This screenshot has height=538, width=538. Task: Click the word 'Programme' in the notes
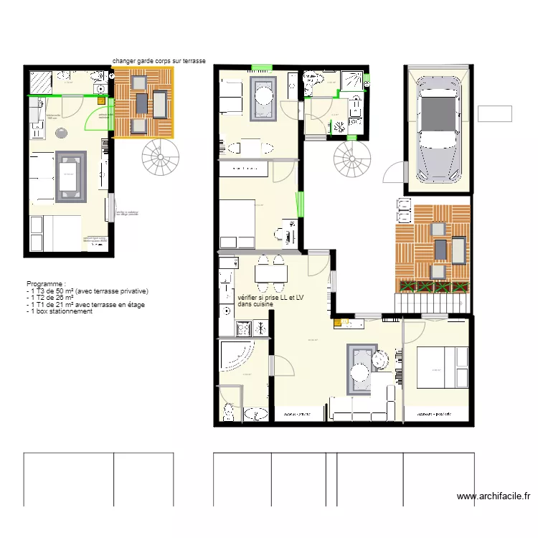(46, 285)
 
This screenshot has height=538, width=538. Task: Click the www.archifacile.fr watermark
(494, 496)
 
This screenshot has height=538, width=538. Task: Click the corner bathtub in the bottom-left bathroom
(236, 357)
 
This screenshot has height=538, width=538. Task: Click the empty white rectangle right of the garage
(494, 113)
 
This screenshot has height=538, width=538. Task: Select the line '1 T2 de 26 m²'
(54, 298)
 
